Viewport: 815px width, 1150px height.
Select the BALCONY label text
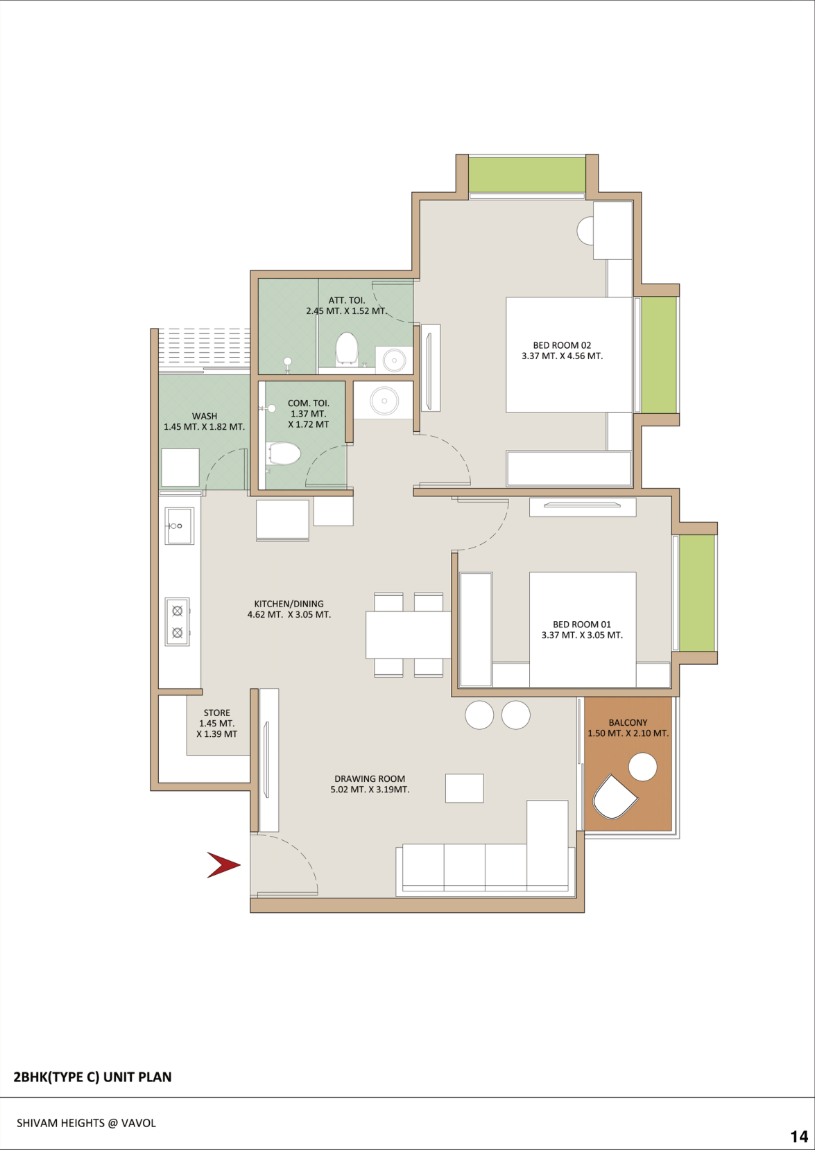pyautogui.click(x=628, y=723)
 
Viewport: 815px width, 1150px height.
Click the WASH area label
pyautogui.click(x=205, y=417)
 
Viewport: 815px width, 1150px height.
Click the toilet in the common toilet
pyautogui.click(x=283, y=454)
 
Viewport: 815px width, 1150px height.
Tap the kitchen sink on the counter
pyautogui.click(x=180, y=526)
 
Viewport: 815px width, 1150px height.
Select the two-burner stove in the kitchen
pyautogui.click(x=178, y=622)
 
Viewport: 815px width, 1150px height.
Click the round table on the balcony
pyautogui.click(x=642, y=767)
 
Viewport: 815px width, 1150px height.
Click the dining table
pyautogui.click(x=409, y=634)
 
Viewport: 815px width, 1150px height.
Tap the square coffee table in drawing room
pyautogui.click(x=465, y=788)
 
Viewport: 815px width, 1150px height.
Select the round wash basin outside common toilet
pyautogui.click(x=384, y=400)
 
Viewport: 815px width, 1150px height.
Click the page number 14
pyautogui.click(x=799, y=1136)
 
